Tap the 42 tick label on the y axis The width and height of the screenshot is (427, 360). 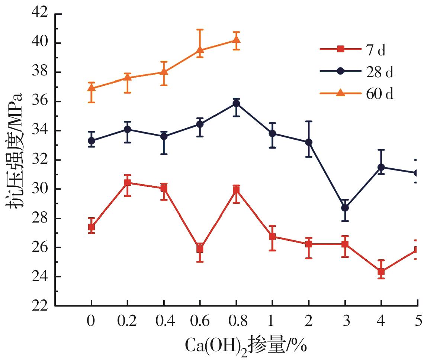pyautogui.click(x=39, y=14)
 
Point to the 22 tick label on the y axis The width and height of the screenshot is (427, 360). pyautogui.click(x=39, y=306)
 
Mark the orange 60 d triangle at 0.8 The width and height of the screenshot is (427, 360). pyautogui.click(x=236, y=40)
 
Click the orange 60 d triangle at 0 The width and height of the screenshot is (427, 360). pyautogui.click(x=91, y=88)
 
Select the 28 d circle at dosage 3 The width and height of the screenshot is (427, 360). pyautogui.click(x=345, y=208)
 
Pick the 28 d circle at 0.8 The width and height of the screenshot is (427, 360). pyautogui.click(x=236, y=103)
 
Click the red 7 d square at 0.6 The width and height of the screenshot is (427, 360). pyautogui.click(x=200, y=249)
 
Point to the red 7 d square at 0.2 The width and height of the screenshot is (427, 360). pyautogui.click(x=128, y=182)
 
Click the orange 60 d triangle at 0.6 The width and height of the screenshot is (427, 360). pyautogui.click(x=200, y=50)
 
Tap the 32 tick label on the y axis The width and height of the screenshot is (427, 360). pyautogui.click(x=39, y=160)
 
